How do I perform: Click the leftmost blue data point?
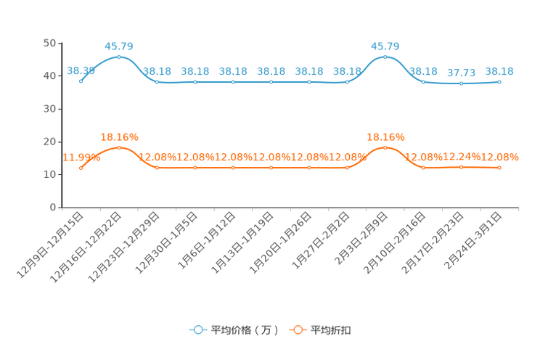click(x=81, y=81)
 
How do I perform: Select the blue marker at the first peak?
click(x=119, y=56)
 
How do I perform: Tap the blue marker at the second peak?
click(x=385, y=56)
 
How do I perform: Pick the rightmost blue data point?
click(x=499, y=81)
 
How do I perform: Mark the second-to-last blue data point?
click(x=461, y=83)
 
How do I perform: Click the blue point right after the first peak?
click(x=157, y=81)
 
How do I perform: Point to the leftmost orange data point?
click(x=81, y=168)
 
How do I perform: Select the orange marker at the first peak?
click(x=119, y=147)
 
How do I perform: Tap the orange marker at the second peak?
click(x=385, y=147)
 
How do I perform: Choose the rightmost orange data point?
click(x=499, y=167)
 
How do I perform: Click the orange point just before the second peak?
click(x=347, y=167)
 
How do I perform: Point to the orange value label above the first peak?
click(x=119, y=136)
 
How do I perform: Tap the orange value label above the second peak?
click(x=385, y=136)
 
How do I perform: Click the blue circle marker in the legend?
click(x=198, y=330)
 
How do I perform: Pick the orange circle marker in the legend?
click(x=298, y=330)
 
